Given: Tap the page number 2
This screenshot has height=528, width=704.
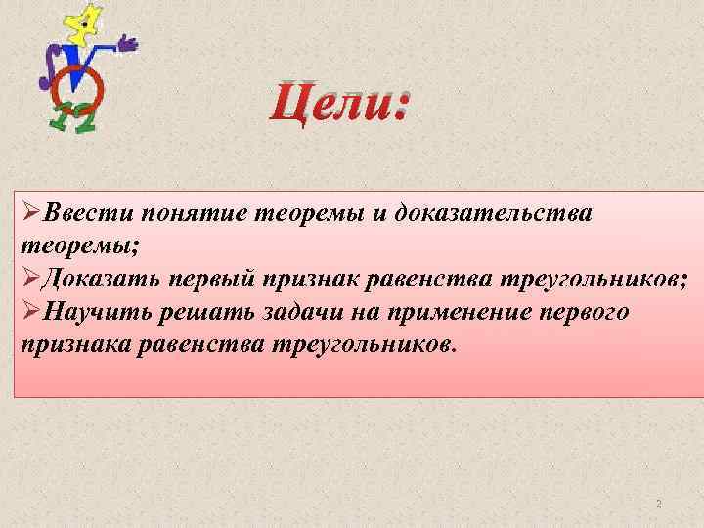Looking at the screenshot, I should point(658,504).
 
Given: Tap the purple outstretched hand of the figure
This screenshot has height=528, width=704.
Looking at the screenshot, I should point(126,43).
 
